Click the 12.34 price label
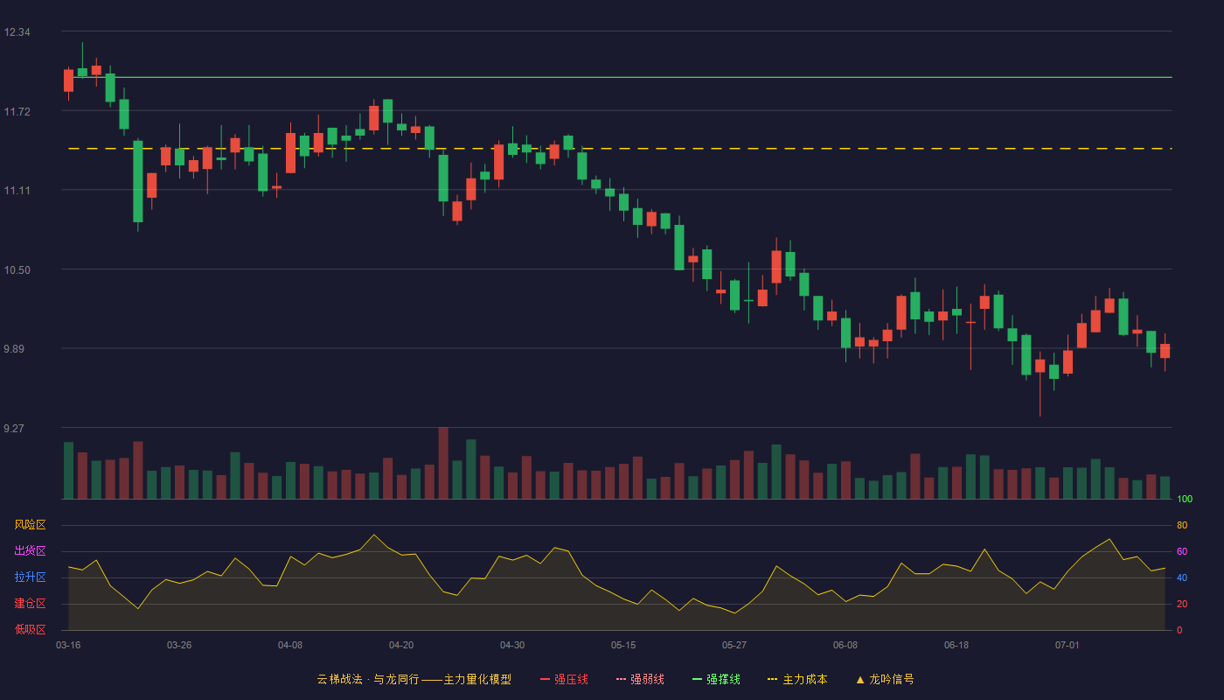pos(17,32)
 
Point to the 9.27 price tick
pos(14,428)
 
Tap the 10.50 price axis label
pos(17,270)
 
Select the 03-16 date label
pos(68,646)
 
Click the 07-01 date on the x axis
pos(1068,646)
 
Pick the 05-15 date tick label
pos(623,646)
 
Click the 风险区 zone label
pos(30,525)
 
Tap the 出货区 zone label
pos(30,550)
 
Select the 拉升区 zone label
pos(30,577)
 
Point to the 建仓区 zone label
pos(30,603)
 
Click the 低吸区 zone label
pos(30,629)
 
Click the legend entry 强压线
pos(564,679)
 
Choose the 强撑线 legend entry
pos(716,679)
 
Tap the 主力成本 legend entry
pos(797,679)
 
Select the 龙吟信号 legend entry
pos(885,679)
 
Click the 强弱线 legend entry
pos(640,679)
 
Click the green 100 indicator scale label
pos(1185,499)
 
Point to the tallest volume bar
pos(443,463)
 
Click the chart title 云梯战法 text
pos(339,679)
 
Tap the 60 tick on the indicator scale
pos(1182,551)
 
